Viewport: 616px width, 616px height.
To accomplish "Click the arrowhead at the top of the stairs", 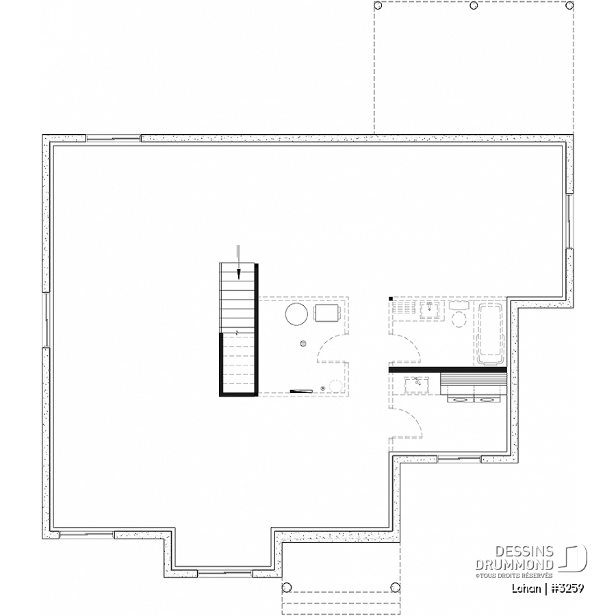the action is pyautogui.click(x=238, y=274).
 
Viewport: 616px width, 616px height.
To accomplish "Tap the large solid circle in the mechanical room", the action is pyautogui.click(x=296, y=314).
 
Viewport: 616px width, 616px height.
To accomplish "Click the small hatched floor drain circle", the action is pyautogui.click(x=303, y=344).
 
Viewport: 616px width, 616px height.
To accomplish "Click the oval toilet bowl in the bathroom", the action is pyautogui.click(x=459, y=320).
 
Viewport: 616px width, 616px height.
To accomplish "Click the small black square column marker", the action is pyautogui.click(x=391, y=299).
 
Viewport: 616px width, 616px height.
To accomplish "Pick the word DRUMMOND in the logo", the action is pyautogui.click(x=514, y=565).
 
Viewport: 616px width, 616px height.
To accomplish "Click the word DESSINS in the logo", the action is pyautogui.click(x=524, y=552).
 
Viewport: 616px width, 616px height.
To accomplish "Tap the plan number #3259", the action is pyautogui.click(x=569, y=589).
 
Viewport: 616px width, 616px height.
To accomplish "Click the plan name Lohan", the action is pyautogui.click(x=526, y=589).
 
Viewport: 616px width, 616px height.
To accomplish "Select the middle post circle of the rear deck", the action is pyautogui.click(x=474, y=5).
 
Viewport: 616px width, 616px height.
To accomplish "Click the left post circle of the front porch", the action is pyautogui.click(x=287, y=588).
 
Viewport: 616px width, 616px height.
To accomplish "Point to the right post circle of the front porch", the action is pyautogui.click(x=395, y=588).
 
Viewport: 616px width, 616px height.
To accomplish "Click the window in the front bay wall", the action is pyautogui.click(x=224, y=573).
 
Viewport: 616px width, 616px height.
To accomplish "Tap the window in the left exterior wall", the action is pyautogui.click(x=47, y=320).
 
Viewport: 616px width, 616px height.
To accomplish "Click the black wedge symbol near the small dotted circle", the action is pyautogui.click(x=301, y=391).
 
